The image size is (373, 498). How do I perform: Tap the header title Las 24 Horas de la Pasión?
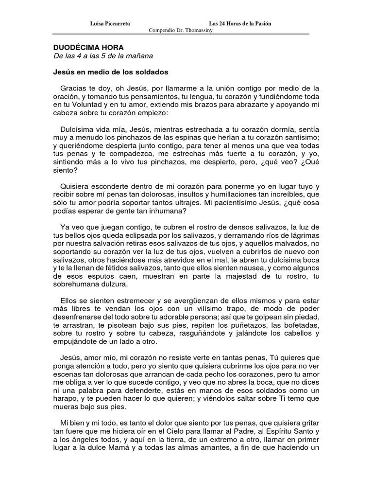[240, 23]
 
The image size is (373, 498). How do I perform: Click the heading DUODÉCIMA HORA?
[88, 48]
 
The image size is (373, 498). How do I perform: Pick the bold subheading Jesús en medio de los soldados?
[110, 72]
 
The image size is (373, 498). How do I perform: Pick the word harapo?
[66, 398]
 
